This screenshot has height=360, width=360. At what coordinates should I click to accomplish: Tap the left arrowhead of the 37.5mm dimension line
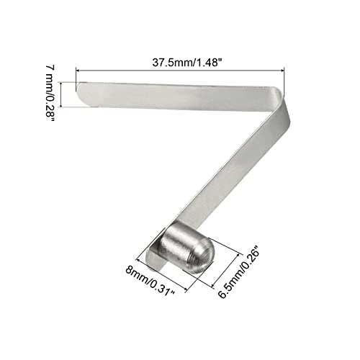coord(78,70)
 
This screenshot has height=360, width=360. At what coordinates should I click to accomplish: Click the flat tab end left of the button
coord(153,253)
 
